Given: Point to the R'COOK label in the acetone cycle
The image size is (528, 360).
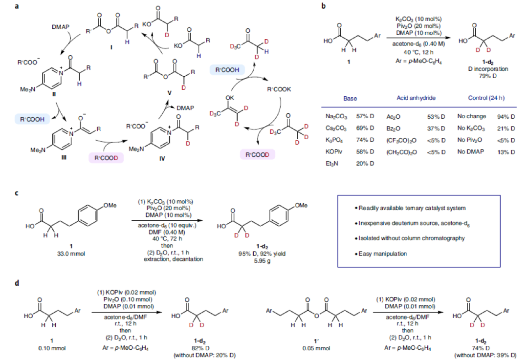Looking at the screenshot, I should click(279, 90).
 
